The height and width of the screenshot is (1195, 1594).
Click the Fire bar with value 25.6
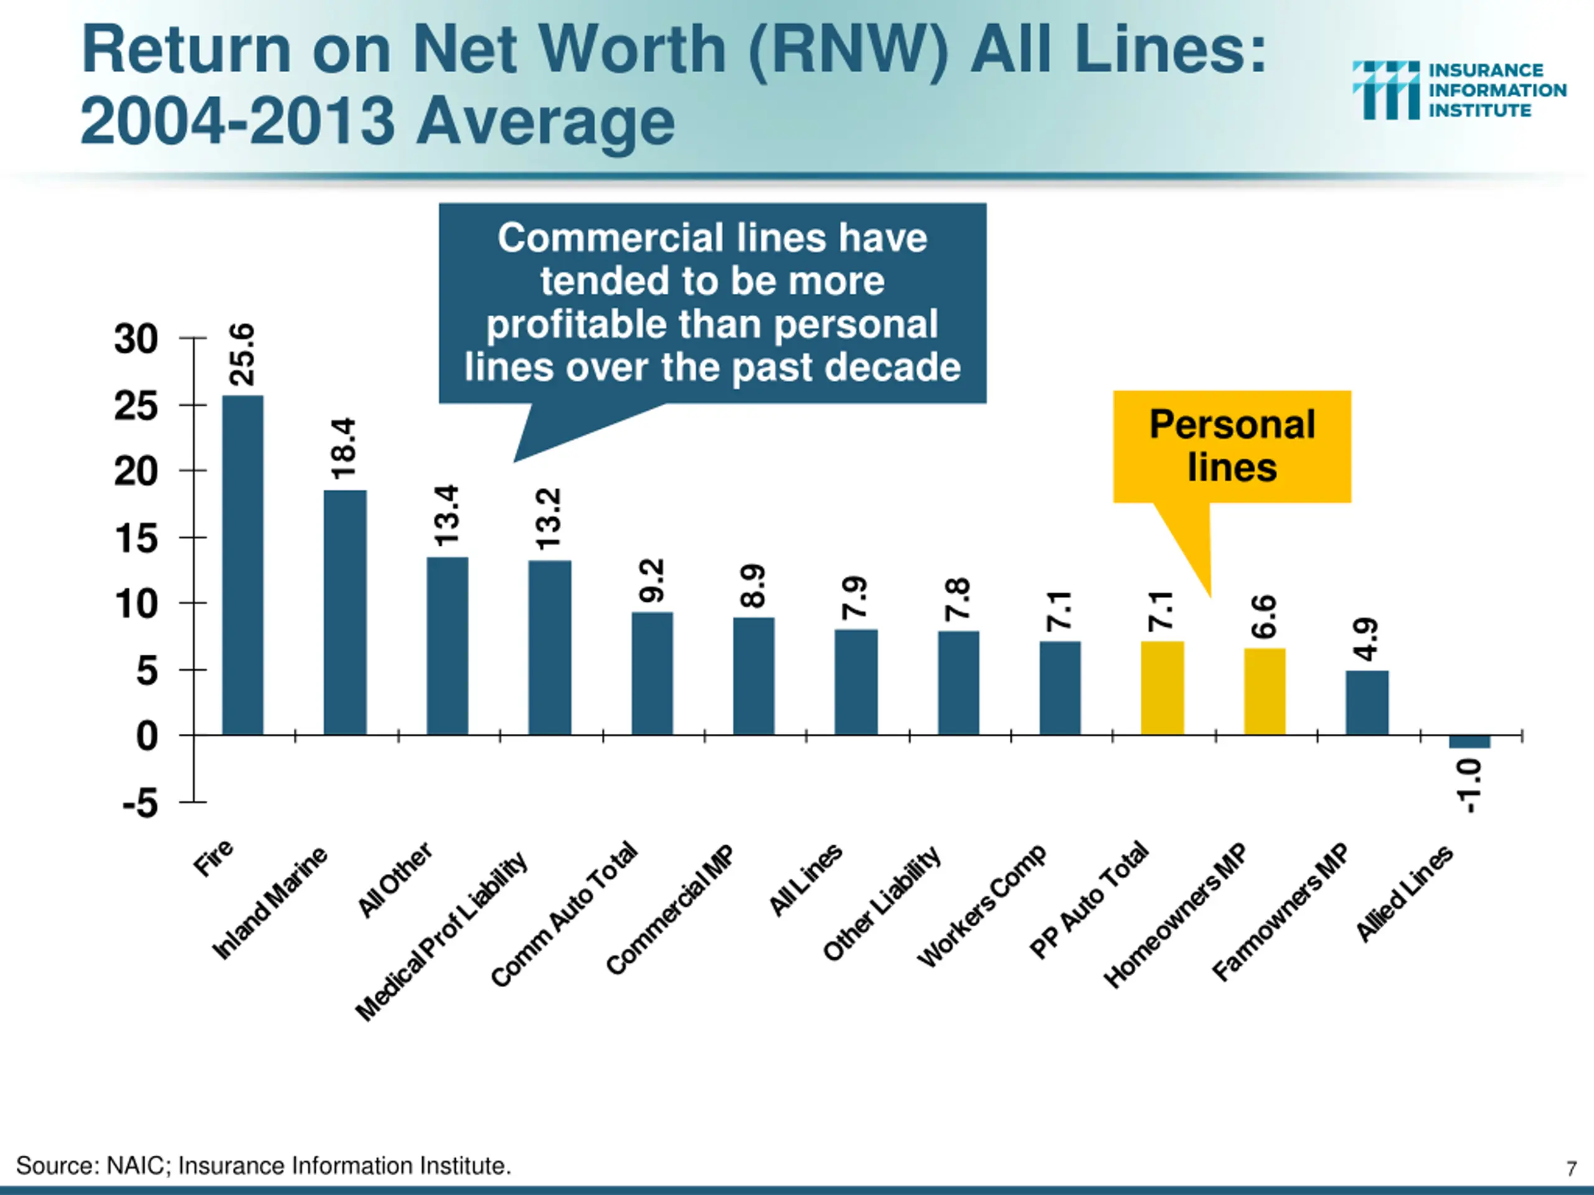pos(242,565)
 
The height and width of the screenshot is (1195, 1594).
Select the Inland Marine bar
pos(344,612)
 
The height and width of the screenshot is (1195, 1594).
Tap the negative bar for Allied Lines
pos(1469,742)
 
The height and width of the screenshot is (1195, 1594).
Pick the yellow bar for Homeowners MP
pos(1265,691)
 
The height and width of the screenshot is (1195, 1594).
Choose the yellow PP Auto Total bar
pos(1162,688)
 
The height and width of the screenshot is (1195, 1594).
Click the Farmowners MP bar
pos(1367,702)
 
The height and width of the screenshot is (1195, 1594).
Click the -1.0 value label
pos(1469,786)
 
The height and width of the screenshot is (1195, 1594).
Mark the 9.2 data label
pos(651,581)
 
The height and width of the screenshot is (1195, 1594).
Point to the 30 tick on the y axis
pos(136,339)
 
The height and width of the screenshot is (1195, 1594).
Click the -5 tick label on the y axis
pos(140,802)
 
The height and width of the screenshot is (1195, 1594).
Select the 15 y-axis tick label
pos(136,538)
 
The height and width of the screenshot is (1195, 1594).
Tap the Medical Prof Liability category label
pos(441,937)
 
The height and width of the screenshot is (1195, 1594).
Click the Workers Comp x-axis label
pos(981,906)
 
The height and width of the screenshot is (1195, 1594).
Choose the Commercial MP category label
pos(669,910)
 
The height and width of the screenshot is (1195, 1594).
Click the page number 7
pos(1571,1168)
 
